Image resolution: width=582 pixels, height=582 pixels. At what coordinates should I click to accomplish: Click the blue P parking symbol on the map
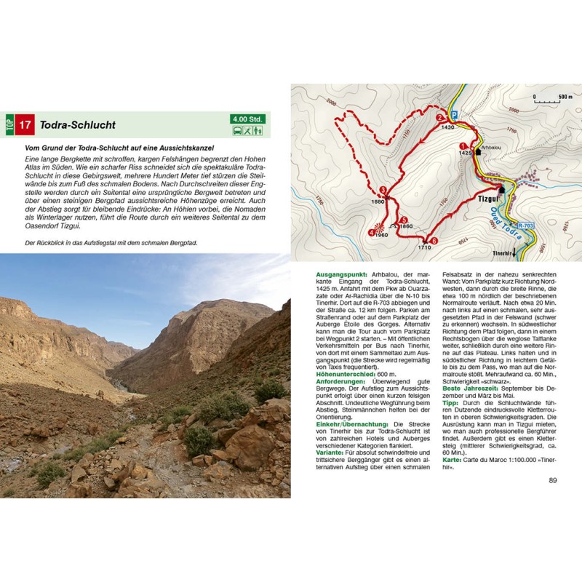(455, 115)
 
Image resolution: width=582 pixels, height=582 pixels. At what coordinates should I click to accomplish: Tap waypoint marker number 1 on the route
(463, 146)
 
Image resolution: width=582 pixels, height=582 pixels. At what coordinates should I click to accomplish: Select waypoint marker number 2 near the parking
(439, 116)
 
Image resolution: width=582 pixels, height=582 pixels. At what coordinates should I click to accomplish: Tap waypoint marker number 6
(434, 241)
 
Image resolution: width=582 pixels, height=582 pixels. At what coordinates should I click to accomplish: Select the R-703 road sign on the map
(525, 226)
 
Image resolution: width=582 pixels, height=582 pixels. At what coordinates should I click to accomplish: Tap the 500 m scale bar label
(565, 96)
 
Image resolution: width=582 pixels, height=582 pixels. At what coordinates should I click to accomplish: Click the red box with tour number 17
(25, 125)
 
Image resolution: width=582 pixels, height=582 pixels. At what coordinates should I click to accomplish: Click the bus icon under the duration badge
(237, 131)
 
